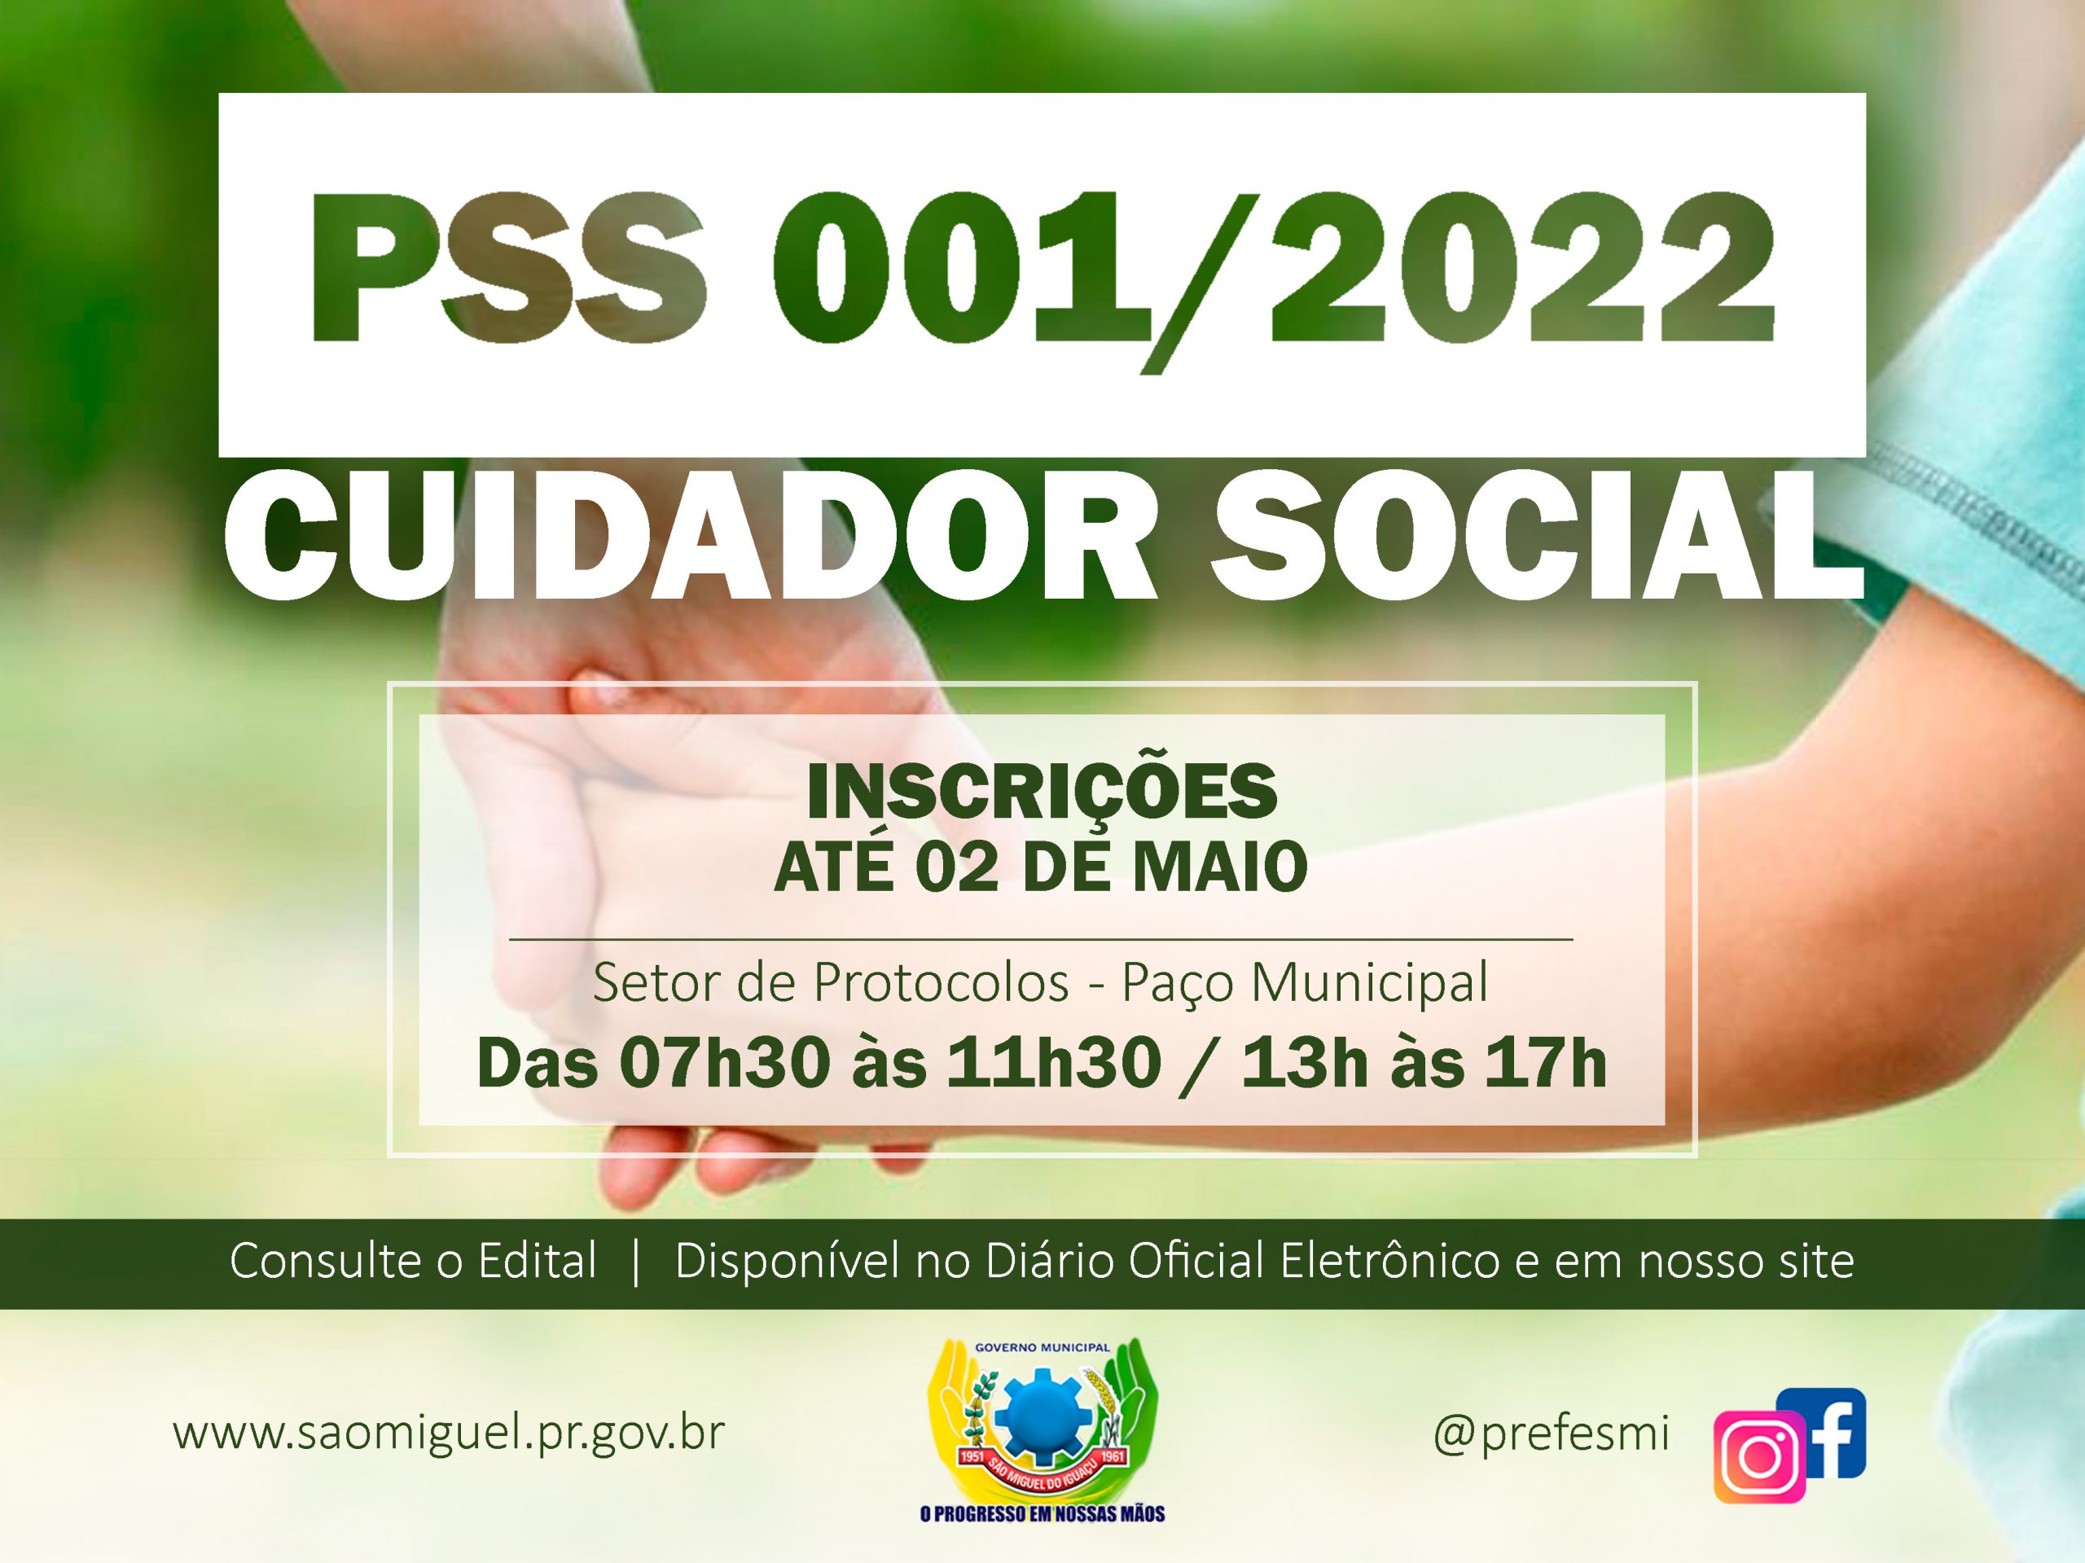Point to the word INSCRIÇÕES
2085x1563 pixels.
point(1042,792)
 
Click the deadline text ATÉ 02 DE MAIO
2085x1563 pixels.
point(1041,867)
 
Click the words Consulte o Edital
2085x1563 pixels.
point(413,1262)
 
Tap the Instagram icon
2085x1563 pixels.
point(1759,1457)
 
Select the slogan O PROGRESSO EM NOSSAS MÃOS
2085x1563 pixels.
point(1042,1514)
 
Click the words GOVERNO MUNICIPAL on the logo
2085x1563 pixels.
point(1042,1348)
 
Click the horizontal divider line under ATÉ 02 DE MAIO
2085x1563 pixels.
point(1041,940)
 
